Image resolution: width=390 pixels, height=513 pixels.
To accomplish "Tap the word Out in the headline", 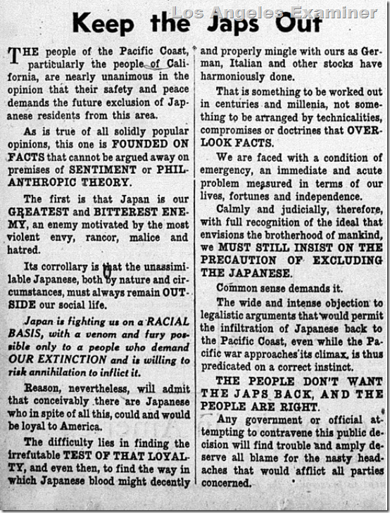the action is (296, 23).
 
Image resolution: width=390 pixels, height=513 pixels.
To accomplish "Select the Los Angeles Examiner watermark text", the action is (275, 12).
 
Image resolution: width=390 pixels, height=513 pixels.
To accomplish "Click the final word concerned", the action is (226, 483).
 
